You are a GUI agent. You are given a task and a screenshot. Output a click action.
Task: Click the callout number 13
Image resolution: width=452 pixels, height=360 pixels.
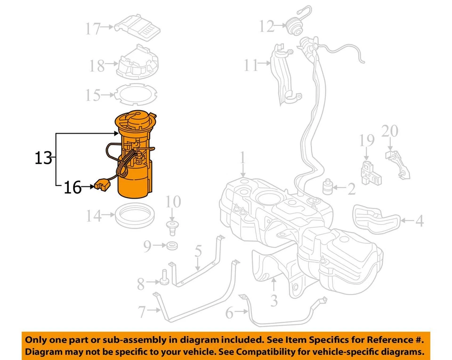coord(43,158)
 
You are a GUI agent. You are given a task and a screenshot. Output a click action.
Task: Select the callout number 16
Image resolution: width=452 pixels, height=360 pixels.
coord(73,187)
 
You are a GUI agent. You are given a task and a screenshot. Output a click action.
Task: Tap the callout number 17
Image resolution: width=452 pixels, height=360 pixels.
coord(93,29)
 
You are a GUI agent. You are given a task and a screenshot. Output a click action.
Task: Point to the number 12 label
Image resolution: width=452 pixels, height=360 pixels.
coord(266,26)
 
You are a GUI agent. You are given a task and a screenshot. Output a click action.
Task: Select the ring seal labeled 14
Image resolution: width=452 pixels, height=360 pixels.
coord(135,217)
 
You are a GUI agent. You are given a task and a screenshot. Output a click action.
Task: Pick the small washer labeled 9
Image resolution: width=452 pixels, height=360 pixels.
coord(172,245)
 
